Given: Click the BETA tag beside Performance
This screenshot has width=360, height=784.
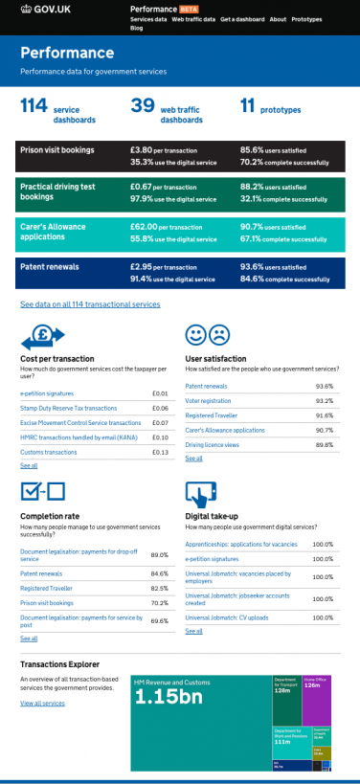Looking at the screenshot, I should (188, 8).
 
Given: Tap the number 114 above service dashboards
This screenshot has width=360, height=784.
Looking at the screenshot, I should (34, 107).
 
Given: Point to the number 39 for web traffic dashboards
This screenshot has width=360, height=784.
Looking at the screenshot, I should (143, 107).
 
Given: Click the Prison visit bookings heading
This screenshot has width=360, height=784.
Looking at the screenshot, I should (58, 151).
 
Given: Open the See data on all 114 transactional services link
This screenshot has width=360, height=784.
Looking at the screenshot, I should (90, 304).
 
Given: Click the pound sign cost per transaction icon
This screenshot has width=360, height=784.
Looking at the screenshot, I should (42, 337).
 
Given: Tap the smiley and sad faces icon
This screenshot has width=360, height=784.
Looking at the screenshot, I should (207, 335).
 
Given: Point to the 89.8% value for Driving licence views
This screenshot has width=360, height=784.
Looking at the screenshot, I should (324, 445).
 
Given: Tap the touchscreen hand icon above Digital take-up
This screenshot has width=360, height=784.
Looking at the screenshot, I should (199, 494).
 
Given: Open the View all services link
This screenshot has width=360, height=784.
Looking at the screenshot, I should (42, 703).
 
